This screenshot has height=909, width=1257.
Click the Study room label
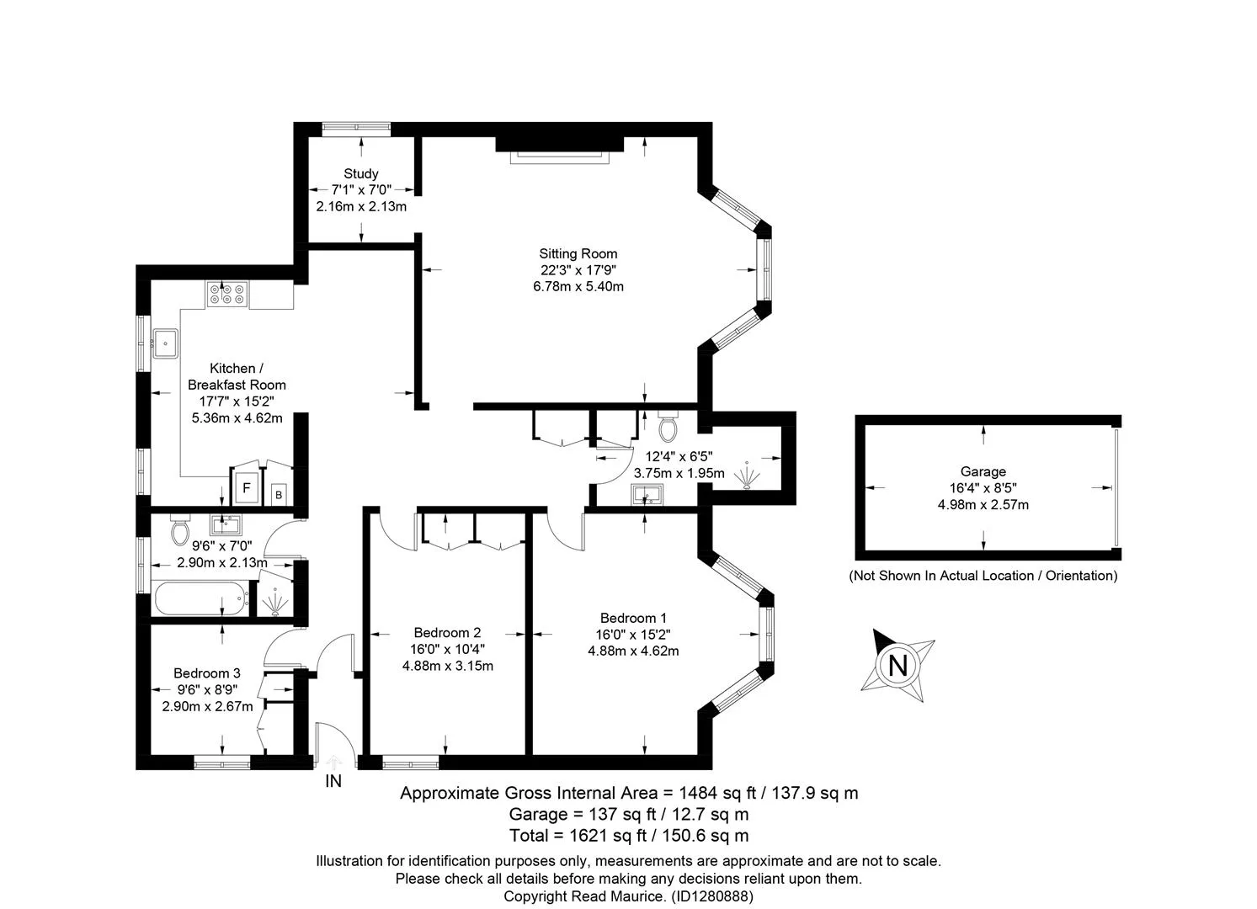[361, 173]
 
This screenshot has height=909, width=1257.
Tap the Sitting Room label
[578, 253]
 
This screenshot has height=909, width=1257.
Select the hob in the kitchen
[227, 295]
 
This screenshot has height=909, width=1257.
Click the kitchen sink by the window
[166, 343]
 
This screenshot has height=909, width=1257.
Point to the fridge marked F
[246, 487]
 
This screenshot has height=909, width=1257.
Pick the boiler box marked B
[279, 495]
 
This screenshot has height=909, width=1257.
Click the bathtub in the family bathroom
[202, 598]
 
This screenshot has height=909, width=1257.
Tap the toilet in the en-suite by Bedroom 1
[668, 427]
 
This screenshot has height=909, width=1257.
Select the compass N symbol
[897, 666]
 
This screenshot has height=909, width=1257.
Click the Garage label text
[983, 471]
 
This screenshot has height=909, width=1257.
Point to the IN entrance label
[333, 780]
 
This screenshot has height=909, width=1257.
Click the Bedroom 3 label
[207, 672]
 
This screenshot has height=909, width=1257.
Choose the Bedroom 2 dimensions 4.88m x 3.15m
[448, 666]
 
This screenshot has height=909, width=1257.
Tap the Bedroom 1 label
[633, 618]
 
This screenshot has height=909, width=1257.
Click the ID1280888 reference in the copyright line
[712, 896]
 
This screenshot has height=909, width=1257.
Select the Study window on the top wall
[356, 129]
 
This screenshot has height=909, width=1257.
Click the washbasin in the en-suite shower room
[647, 495]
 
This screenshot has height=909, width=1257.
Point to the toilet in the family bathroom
[180, 530]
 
